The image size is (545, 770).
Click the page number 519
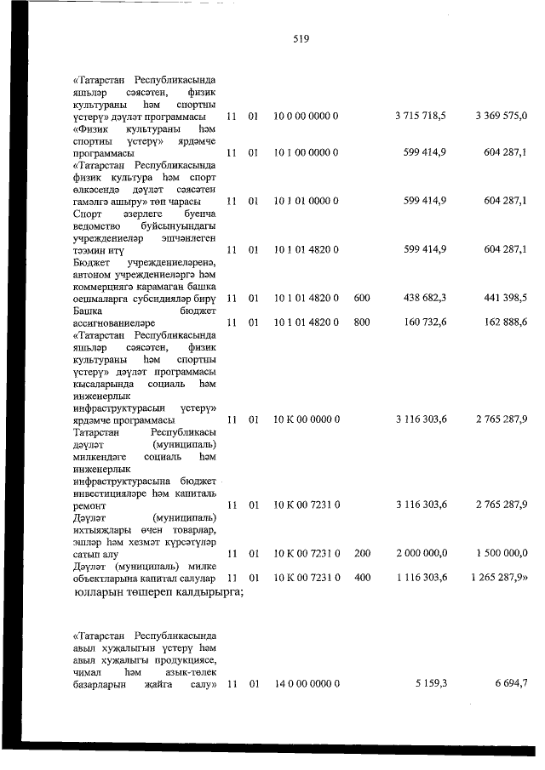(299, 39)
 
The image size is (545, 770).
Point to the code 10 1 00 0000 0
(307, 152)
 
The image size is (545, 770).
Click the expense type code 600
(361, 297)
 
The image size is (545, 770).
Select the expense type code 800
(361, 322)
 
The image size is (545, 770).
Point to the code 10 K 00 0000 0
(307, 419)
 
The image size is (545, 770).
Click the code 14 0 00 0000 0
(307, 683)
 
